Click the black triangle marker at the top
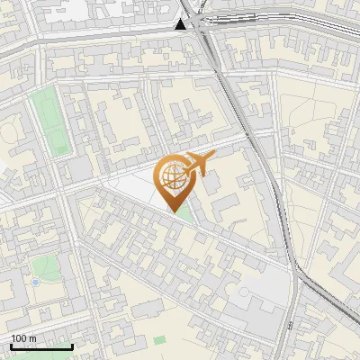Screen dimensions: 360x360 [182, 24]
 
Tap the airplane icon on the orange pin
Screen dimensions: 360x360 [196, 165]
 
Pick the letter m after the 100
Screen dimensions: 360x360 [33, 338]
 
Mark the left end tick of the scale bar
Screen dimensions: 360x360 [10, 346]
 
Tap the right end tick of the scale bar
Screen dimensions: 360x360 [72, 346]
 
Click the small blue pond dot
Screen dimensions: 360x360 [35, 283]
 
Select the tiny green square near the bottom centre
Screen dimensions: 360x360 [159, 340]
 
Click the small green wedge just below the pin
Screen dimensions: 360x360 [184, 214]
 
